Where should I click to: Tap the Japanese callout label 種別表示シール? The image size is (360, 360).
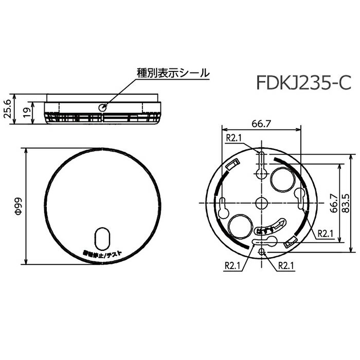(x=172, y=73)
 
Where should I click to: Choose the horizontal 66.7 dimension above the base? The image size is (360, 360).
(x=261, y=123)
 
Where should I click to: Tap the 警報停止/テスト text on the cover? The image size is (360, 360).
(x=102, y=254)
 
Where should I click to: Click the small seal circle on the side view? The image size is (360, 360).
(x=103, y=107)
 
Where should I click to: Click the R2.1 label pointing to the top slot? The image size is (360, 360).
(x=235, y=138)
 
